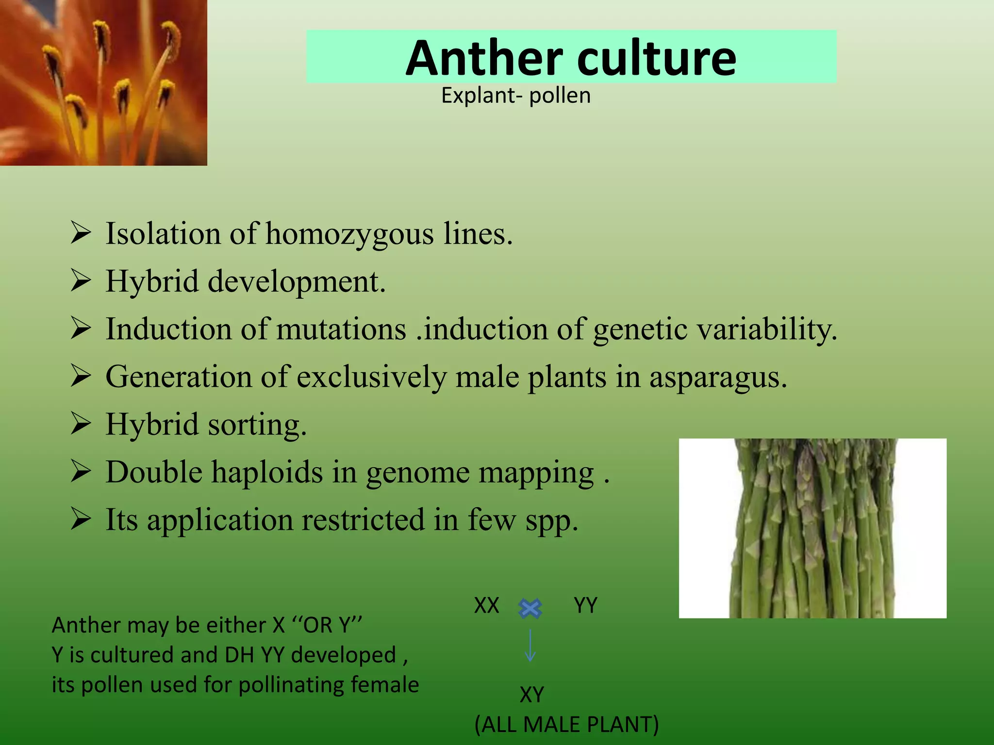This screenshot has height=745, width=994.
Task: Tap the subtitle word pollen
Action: pos(560,96)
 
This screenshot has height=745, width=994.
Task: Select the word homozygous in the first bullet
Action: pos(349,234)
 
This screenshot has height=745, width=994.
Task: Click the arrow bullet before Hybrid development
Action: pos(81,281)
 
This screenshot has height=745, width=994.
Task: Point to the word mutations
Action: pos(341,329)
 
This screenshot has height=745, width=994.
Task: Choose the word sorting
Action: pos(257,425)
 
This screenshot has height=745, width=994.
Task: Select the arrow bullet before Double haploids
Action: pos(81,471)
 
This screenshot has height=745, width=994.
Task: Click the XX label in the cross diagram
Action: pos(486,605)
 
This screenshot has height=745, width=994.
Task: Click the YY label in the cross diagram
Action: pos(585,605)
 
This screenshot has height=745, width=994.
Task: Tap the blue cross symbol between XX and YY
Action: pos(530,608)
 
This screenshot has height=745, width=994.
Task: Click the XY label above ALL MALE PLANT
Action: pos(531,695)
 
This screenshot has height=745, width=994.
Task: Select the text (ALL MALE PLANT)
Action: pos(566,725)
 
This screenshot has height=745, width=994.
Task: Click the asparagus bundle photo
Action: pos(812,528)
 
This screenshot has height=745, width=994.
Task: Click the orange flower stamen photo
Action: pos(103,82)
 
